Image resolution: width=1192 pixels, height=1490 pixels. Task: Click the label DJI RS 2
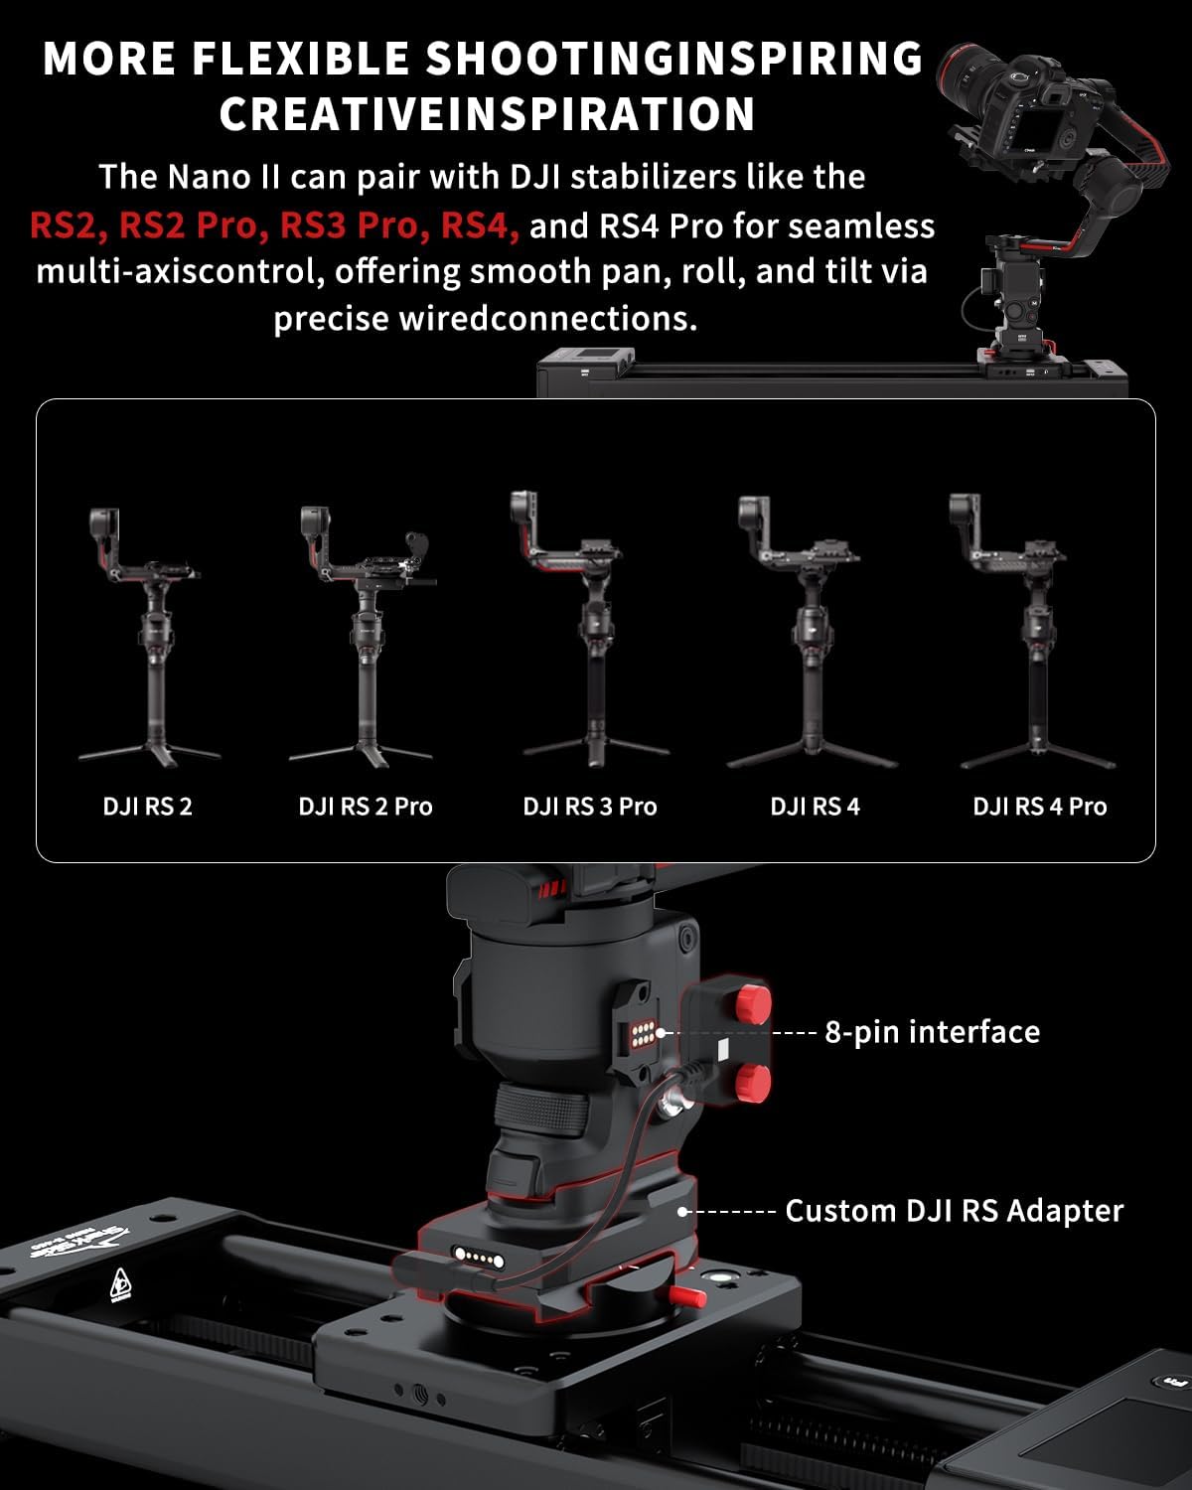tap(147, 807)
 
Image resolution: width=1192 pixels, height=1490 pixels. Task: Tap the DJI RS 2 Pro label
tap(366, 807)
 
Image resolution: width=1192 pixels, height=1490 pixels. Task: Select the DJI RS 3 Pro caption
tap(590, 807)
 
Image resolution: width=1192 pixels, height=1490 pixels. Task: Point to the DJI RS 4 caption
tap(815, 807)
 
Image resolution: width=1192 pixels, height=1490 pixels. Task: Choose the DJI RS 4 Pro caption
tap(1039, 807)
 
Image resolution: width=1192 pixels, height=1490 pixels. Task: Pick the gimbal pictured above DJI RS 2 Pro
tap(364, 636)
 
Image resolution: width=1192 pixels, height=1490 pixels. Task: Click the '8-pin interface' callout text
tap(932, 1032)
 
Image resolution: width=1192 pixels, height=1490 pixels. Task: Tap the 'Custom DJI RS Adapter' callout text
tap(954, 1211)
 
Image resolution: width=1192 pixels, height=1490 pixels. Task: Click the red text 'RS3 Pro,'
tap(348, 226)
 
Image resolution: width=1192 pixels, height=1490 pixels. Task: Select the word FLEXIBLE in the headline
tap(298, 60)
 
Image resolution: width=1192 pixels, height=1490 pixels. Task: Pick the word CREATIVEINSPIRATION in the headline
tap(487, 114)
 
